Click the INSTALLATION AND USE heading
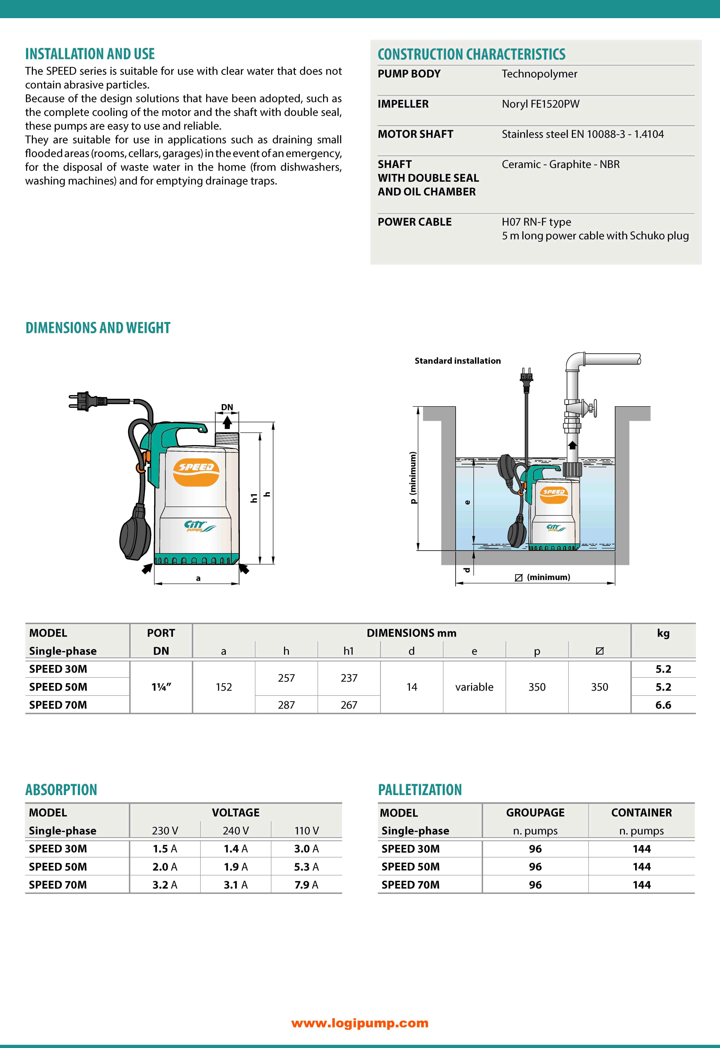click(90, 54)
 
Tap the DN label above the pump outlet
click(227, 407)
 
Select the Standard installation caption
click(457, 361)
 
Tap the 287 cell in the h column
click(286, 705)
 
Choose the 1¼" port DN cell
click(161, 687)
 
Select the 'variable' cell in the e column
click(474, 687)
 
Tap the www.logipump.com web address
click(360, 1023)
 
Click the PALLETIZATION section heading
click(420, 790)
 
